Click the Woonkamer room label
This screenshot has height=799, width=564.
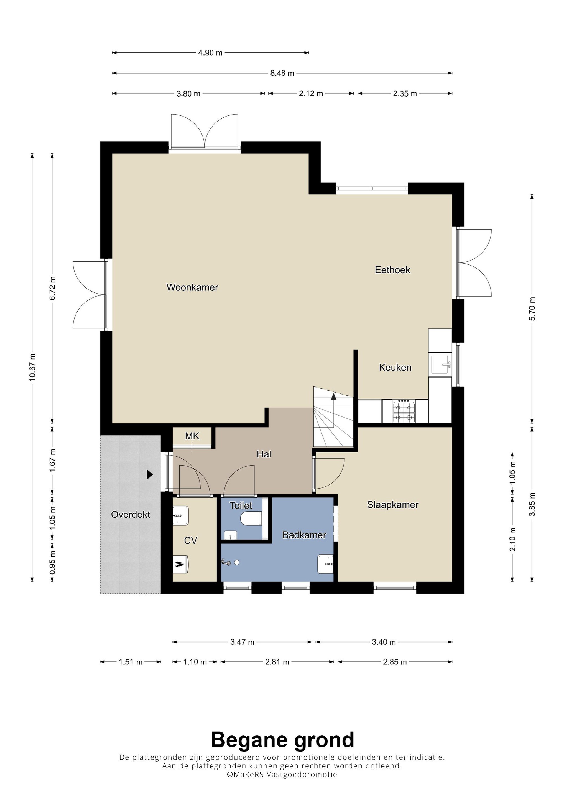tap(192, 287)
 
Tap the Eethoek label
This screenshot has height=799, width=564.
tap(392, 270)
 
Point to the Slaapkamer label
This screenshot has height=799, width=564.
tap(392, 505)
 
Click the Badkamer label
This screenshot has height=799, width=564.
tap(304, 535)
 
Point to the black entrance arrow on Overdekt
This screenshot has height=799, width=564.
tap(149, 474)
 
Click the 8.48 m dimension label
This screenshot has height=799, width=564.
tap(282, 73)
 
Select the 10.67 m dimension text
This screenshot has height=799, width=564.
tap(32, 367)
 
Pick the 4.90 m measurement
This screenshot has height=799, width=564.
tap(210, 53)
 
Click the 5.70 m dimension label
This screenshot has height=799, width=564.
tap(532, 309)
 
